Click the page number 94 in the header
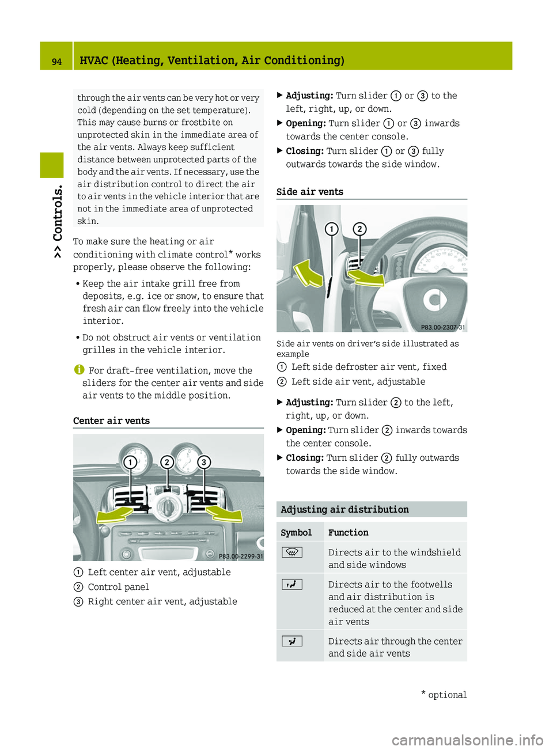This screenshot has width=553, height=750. tap(56, 61)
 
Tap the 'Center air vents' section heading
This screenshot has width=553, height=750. tap(111, 421)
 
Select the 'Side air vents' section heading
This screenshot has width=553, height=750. tap(309, 192)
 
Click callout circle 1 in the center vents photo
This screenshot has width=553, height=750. tap(131, 462)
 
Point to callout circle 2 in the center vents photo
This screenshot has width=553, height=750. tap(167, 462)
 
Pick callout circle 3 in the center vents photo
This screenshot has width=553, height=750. tap(203, 462)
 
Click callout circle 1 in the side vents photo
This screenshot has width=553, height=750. tap(332, 229)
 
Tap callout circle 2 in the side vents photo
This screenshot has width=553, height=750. tap(359, 229)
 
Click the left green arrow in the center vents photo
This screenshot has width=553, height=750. tap(115, 514)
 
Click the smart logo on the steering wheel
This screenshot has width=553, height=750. tap(435, 300)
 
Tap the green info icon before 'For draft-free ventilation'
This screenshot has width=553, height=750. tap(79, 370)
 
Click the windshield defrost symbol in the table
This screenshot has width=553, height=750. tap(292, 552)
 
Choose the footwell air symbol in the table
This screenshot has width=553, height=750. tap(292, 585)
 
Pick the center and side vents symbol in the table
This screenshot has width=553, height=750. tap(292, 641)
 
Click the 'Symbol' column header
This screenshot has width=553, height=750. tap(296, 533)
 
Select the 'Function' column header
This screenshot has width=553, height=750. tap(348, 533)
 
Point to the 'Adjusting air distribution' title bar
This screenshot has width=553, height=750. tap(344, 510)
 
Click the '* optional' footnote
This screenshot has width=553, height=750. tap(444, 695)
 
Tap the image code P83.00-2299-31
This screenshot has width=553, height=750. tap(241, 556)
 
